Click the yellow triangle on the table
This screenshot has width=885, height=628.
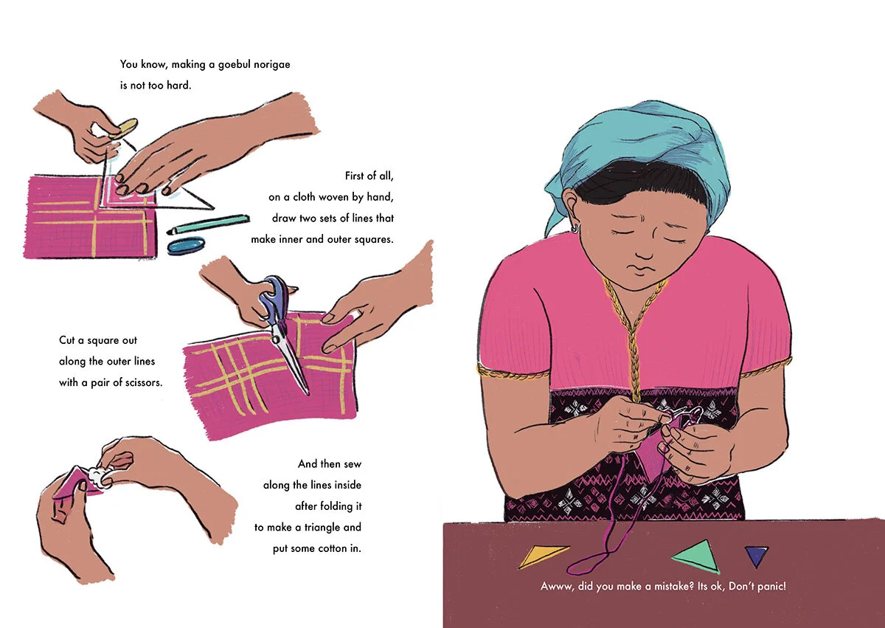click(541, 555)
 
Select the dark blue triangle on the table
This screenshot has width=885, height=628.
click(756, 555)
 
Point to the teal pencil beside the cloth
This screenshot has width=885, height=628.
click(209, 224)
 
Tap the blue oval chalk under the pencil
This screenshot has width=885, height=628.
click(186, 246)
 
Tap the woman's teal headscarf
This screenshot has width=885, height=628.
click(640, 158)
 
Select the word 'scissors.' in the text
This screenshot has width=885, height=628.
click(142, 382)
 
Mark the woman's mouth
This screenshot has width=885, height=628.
click(639, 268)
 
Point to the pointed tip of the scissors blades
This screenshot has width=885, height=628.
click(308, 393)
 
